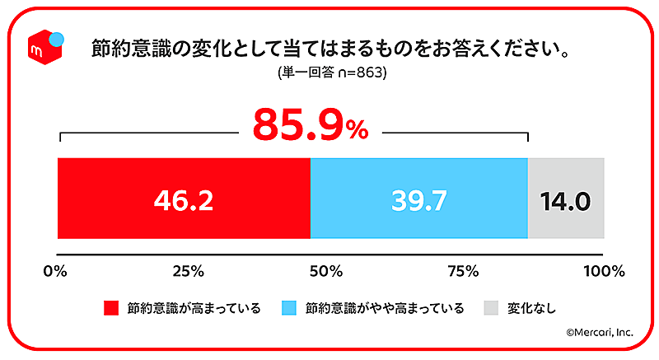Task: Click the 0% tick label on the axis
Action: point(56,270)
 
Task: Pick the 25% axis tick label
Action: point(189,270)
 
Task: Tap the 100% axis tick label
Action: point(604,270)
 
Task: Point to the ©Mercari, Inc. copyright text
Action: point(599,333)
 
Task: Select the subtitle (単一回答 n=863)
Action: point(333,72)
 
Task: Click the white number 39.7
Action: point(419,201)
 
